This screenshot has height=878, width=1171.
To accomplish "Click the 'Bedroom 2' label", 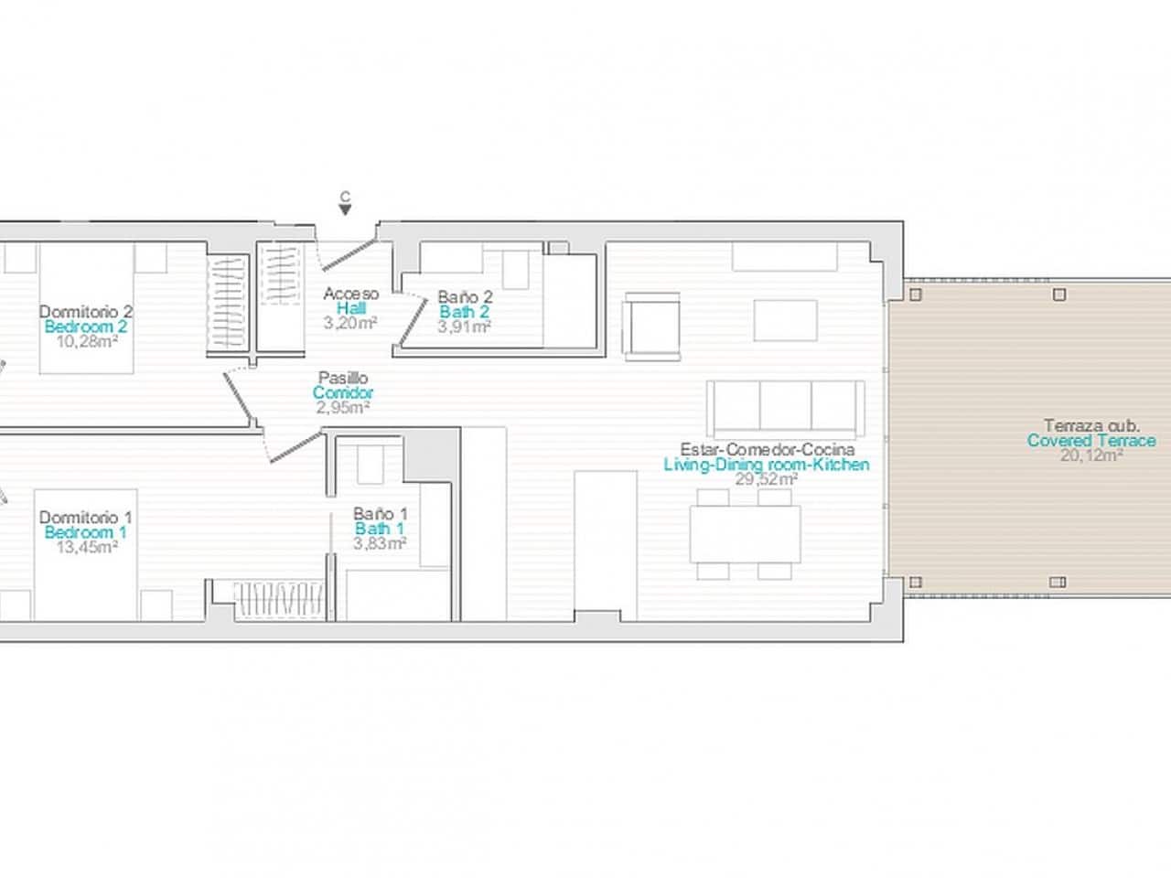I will point(85,327).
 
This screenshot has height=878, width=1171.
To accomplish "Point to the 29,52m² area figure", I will point(766,479).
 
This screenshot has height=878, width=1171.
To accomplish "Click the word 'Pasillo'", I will point(343,378).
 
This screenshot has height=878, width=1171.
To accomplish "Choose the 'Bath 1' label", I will point(380,529).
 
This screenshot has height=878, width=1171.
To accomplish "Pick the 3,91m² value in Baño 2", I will point(465,326).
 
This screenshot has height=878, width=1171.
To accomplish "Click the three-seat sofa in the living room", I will point(785,407).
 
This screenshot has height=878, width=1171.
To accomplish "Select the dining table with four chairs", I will point(746,533).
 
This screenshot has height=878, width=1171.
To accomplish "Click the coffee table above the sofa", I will point(785,319).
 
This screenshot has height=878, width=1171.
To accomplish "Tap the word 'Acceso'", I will point(351,294).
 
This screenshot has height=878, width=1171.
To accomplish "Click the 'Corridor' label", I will point(343,393).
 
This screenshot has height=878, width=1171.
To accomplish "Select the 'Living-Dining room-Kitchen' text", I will point(766,465).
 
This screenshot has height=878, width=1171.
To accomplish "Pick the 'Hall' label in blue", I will point(351,308).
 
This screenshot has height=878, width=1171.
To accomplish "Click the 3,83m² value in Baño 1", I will point(380,543).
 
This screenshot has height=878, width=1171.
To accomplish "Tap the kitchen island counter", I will point(605,544).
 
